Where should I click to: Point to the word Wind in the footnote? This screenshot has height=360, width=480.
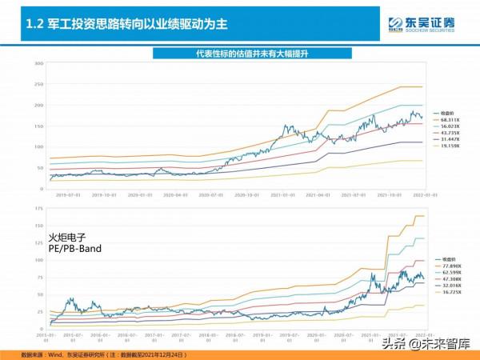51,353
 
